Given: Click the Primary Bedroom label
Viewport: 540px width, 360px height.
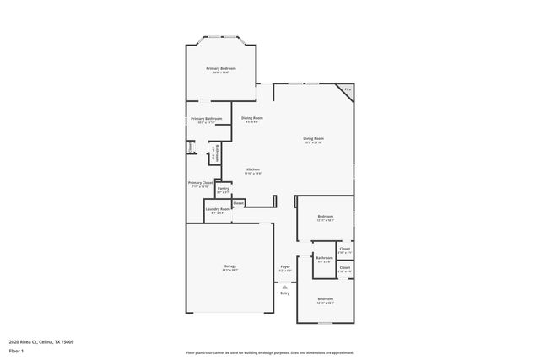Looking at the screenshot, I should (x=222, y=68).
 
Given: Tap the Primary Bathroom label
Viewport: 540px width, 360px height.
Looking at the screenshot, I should (x=206, y=119).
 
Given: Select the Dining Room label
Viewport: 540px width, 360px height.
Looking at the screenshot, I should (x=252, y=118).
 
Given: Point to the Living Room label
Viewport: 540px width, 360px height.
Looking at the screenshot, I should (x=314, y=138).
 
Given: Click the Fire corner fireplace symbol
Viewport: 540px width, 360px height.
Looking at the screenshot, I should (x=346, y=89).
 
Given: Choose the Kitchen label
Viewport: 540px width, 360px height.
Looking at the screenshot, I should (x=252, y=169).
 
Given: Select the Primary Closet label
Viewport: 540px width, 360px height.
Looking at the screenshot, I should (x=201, y=182).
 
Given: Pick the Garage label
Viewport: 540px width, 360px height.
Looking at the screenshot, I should (x=229, y=266).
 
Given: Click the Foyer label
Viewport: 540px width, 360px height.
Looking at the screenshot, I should (x=285, y=266).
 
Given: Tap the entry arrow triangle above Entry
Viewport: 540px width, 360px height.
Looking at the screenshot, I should (x=284, y=287).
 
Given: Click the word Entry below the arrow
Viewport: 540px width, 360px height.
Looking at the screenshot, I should (x=284, y=293).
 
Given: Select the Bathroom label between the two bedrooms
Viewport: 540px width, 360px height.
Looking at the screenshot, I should (x=325, y=258).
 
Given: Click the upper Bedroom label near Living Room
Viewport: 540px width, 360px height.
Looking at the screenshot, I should (x=326, y=217).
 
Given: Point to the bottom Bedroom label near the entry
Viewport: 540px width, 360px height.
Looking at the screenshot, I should (x=326, y=299).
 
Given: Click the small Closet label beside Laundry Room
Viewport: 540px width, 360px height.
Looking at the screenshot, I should (x=239, y=202).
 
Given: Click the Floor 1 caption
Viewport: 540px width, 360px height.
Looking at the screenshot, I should (x=17, y=350).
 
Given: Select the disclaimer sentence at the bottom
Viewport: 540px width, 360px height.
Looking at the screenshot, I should (x=269, y=352).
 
